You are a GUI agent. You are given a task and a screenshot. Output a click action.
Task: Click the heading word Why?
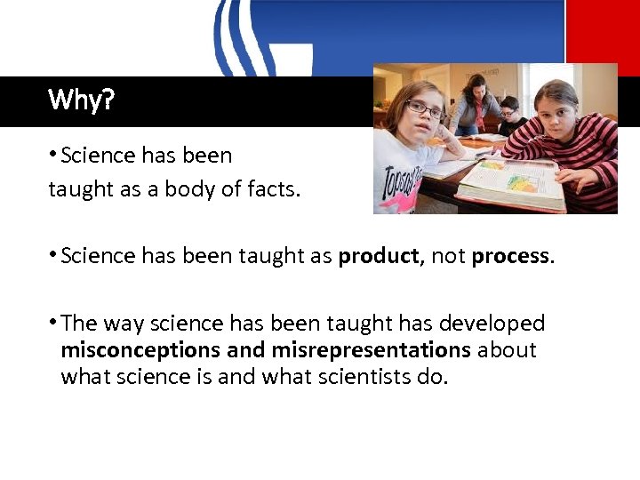pos(81,100)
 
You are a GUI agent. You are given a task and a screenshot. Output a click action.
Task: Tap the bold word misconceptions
pos(141,350)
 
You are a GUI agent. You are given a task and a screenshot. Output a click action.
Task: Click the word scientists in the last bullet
pos(354,377)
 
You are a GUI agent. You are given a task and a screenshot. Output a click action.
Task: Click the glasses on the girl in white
pos(425,110)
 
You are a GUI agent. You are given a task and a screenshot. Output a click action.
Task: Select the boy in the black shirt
pos(508,116)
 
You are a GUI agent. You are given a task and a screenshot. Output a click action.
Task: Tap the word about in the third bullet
pos(507,350)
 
